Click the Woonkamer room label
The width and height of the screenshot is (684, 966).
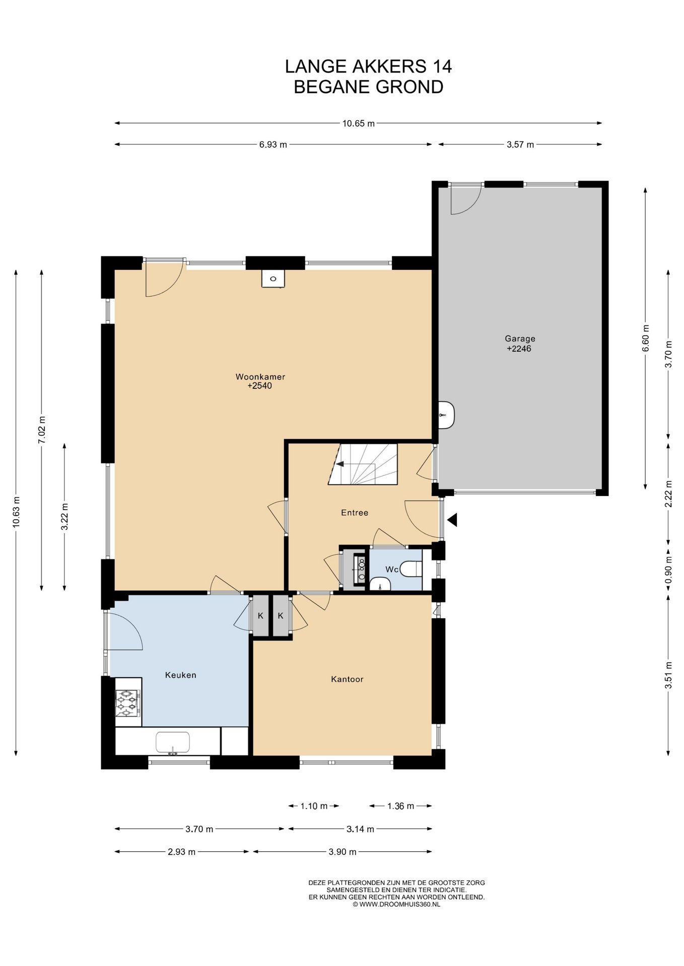[260, 376]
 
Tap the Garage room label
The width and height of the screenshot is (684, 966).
[520, 339]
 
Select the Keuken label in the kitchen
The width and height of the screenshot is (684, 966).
[180, 675]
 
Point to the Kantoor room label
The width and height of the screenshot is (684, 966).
[347, 679]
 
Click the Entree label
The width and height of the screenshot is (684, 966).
[355, 512]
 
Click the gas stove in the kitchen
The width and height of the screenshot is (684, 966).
[128, 702]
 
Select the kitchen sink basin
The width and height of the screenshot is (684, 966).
[172, 743]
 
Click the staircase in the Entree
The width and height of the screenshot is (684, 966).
[363, 464]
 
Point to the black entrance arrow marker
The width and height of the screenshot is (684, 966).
[452, 519]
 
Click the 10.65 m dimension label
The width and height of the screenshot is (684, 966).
[358, 123]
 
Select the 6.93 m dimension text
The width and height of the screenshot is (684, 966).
[273, 144]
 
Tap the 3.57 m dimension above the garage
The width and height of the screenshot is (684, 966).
[520, 144]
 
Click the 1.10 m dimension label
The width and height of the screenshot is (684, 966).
[314, 806]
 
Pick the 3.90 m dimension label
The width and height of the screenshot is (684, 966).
[343, 852]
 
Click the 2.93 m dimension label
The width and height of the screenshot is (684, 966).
[181, 852]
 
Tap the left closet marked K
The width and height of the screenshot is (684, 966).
[260, 615]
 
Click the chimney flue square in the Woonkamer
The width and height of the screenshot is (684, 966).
[273, 278]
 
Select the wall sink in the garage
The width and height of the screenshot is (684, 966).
[446, 415]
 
